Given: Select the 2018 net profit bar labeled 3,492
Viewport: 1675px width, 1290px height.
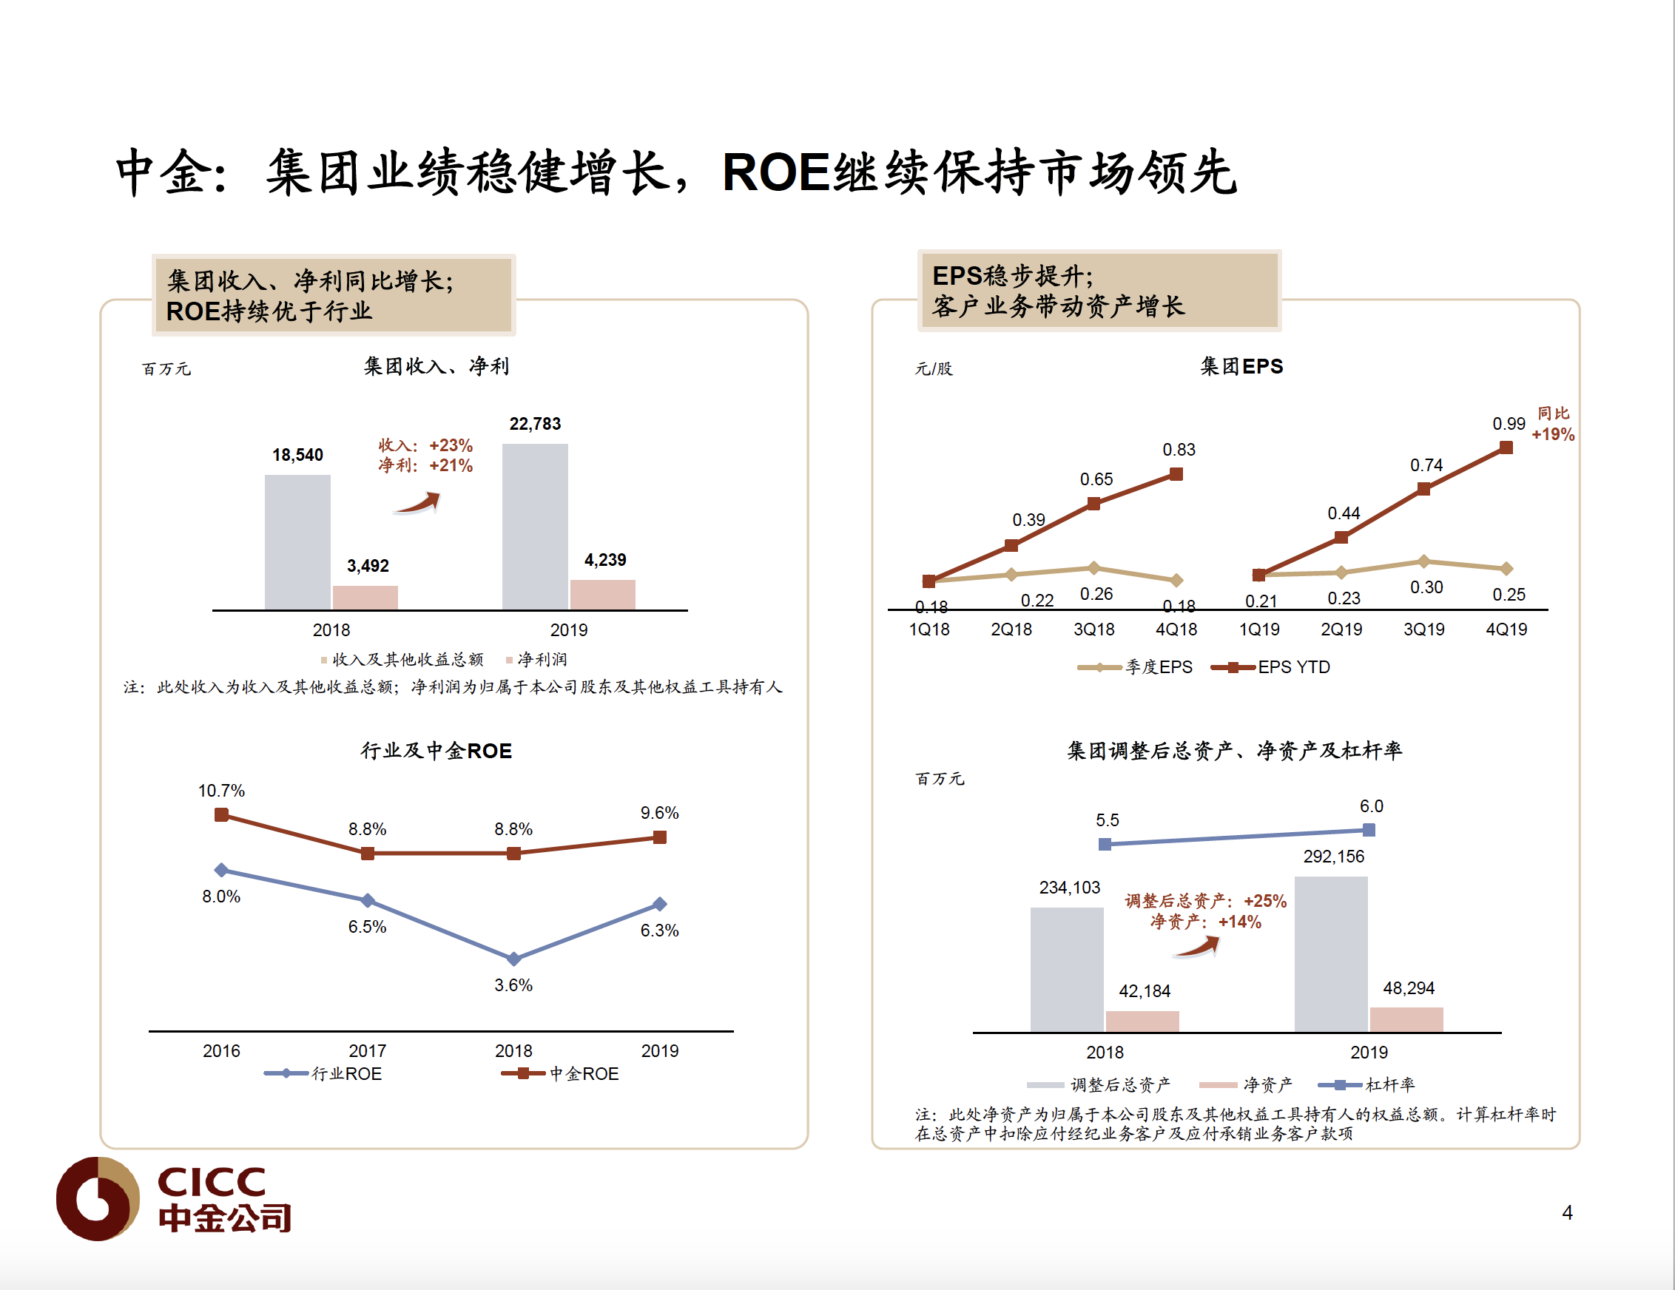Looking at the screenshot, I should [365, 598].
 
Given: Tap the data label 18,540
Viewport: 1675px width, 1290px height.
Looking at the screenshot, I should [297, 455].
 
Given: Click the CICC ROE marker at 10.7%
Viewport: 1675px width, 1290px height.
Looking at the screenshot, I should [222, 814].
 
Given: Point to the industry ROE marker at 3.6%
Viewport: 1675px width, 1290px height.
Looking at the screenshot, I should [514, 959].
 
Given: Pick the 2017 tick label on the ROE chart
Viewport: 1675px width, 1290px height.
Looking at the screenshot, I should [368, 1050].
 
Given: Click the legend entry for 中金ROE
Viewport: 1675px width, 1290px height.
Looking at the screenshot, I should [561, 1074].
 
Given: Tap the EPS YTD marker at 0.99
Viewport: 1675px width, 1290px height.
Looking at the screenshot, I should [1506, 447].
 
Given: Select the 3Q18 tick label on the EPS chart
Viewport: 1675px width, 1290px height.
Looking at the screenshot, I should [1093, 629].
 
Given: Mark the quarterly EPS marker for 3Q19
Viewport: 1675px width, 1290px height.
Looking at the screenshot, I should [1423, 561].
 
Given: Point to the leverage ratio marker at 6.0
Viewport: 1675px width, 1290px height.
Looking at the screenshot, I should [1369, 830].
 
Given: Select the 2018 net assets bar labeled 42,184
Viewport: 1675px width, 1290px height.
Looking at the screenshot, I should [1142, 1021].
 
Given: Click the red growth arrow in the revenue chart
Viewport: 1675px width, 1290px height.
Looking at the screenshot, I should [418, 503].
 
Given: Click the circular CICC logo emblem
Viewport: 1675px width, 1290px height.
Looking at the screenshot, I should [98, 1198].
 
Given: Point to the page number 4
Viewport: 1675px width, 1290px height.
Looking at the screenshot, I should [1567, 1212].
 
